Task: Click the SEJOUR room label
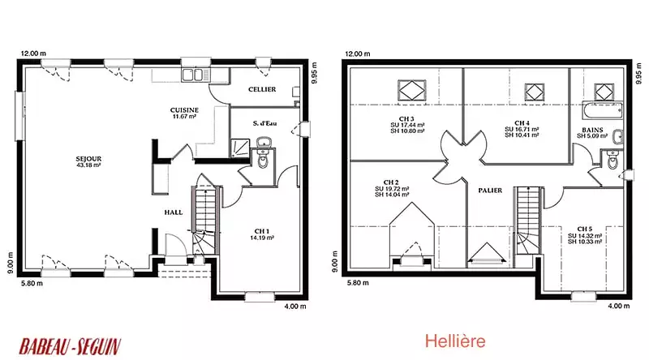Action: pos(88,159)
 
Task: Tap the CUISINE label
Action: pos(184,110)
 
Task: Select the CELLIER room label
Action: pos(262,89)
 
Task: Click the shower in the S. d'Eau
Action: pos(240,148)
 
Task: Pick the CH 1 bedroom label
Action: pos(261,231)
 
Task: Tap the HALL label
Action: pos(173,212)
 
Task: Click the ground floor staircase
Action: pos(204,221)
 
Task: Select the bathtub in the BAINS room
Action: pos(602,110)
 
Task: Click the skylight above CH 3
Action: pos(411,90)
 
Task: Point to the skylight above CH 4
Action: pos(535,92)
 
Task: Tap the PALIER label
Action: pos(490,191)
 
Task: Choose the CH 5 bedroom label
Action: pos(584,229)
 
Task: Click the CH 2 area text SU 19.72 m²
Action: pos(392,189)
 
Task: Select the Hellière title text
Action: pos(455,341)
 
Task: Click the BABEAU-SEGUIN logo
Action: pos(70,346)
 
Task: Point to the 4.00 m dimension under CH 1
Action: pos(295,306)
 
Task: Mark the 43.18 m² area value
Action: pos(89,165)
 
